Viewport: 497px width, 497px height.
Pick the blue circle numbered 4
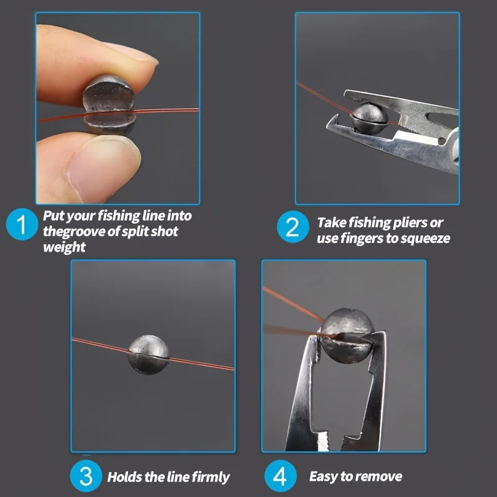280,476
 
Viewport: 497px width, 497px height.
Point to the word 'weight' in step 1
64,247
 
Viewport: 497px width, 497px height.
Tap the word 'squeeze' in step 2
426,238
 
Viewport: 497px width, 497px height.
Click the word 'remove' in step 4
378,477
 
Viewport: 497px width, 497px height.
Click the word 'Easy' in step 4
324,477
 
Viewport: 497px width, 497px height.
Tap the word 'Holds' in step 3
124,477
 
